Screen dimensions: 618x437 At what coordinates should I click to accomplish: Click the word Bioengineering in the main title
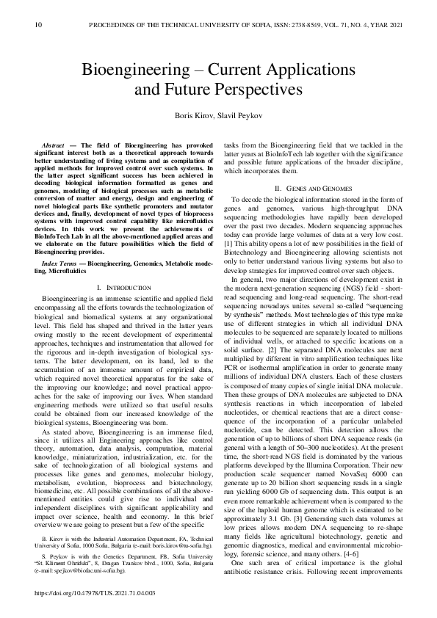129,71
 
